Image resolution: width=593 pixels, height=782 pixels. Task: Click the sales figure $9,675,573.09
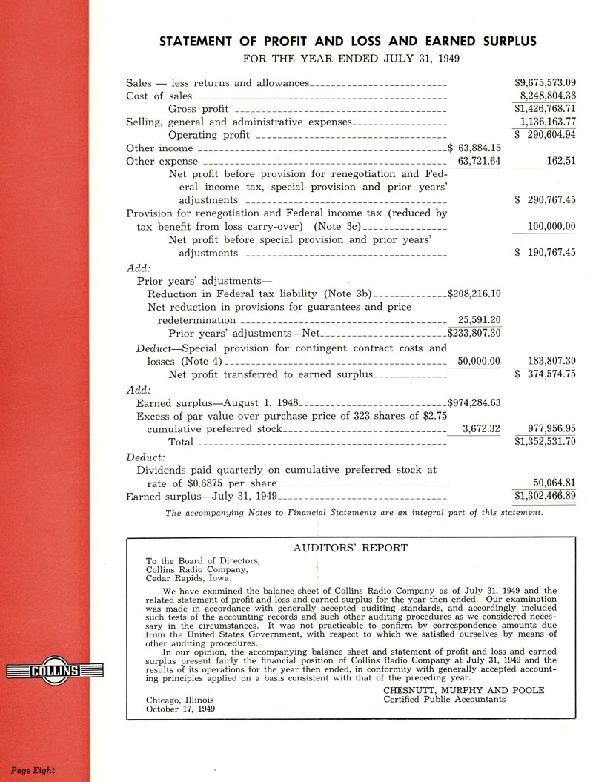tap(545, 82)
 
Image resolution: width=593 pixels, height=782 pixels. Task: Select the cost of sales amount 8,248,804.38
tap(548, 96)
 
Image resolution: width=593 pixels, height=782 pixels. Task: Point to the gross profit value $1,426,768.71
tap(545, 109)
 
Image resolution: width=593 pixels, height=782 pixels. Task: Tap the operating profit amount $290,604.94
tap(545, 135)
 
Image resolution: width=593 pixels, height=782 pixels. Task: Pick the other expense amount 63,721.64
tap(480, 161)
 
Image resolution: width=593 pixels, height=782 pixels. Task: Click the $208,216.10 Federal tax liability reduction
tap(474, 294)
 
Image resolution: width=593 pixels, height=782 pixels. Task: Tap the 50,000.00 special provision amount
tap(480, 361)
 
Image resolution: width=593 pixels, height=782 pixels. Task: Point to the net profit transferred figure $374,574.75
tap(545, 374)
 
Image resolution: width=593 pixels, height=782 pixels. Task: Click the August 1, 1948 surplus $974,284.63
tap(474, 402)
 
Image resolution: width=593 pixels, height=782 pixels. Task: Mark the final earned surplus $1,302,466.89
tap(545, 495)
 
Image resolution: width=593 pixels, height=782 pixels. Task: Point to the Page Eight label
tap(33, 770)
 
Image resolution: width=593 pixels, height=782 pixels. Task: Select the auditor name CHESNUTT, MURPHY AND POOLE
tap(463, 690)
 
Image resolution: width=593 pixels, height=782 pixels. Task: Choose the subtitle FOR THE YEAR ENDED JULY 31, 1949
tap(348, 58)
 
